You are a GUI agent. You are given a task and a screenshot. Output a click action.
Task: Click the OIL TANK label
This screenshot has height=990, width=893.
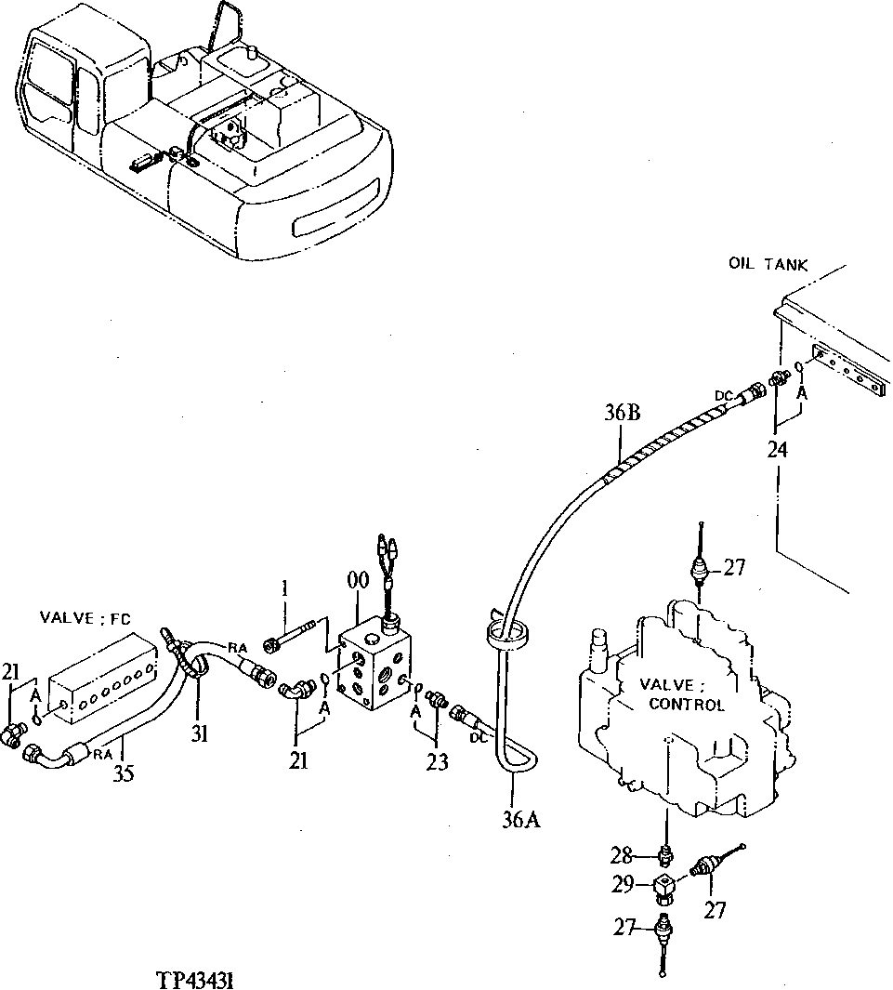(768, 265)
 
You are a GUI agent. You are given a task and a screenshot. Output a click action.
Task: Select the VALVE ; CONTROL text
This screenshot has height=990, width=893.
(685, 694)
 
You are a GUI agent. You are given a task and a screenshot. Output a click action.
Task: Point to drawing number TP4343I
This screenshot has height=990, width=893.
(201, 979)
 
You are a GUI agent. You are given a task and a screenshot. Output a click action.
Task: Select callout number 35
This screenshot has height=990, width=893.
(124, 772)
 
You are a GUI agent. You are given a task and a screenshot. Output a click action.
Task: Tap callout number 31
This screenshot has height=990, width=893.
(201, 734)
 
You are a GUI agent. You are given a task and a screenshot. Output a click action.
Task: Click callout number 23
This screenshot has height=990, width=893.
(437, 762)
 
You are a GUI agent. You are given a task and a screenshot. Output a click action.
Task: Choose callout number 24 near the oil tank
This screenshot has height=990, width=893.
(777, 451)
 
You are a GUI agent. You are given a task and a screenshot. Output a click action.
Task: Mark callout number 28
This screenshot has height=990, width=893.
(622, 854)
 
